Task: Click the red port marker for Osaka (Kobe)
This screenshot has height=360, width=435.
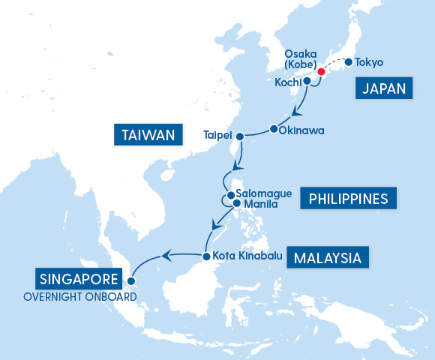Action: pos(321,72)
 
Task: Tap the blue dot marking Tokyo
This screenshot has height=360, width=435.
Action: pos(349,62)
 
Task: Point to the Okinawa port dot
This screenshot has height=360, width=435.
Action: pos(272,130)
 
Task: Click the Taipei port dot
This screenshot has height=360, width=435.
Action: pos(240,136)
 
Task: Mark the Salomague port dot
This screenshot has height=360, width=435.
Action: pos(231,193)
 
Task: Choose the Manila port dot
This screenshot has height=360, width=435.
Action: pos(236,202)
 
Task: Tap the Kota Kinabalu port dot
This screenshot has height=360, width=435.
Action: pos(205,256)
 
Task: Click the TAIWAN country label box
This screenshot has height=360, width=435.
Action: pos(148,135)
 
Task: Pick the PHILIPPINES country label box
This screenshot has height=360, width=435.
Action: pos(347,199)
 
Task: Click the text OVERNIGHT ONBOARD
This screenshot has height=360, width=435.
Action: pos(80,296)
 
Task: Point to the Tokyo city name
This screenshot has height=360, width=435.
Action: pos(369,62)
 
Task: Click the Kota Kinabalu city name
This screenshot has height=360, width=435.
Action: pos(247,256)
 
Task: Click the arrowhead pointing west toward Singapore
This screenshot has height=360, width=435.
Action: pos(167,257)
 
